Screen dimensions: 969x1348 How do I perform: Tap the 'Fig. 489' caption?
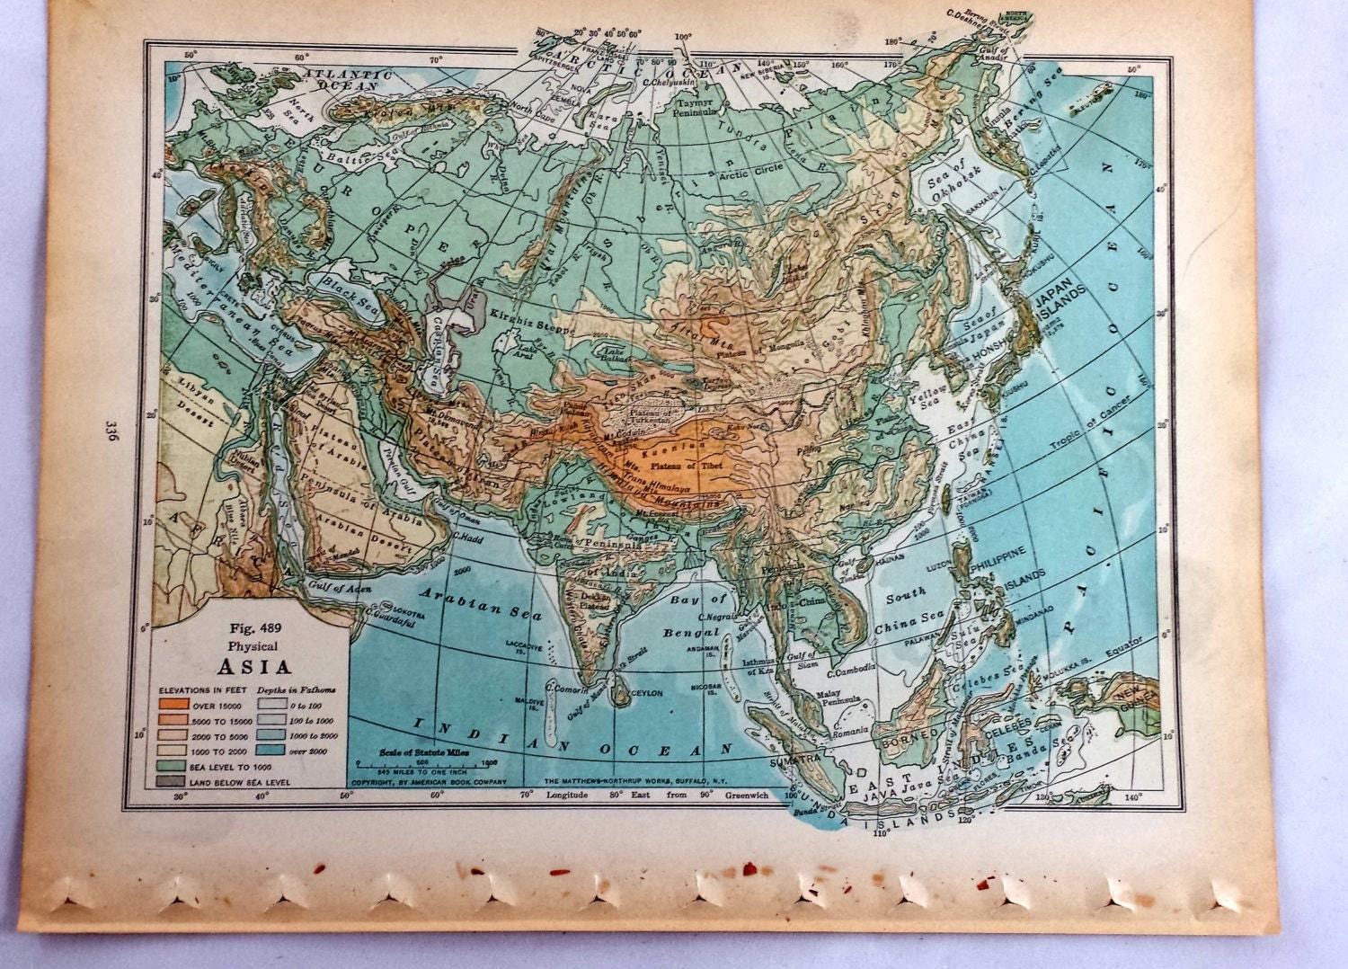point(251,631)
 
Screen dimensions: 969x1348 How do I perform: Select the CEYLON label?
point(647,693)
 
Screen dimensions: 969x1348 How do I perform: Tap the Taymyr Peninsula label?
point(696,109)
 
